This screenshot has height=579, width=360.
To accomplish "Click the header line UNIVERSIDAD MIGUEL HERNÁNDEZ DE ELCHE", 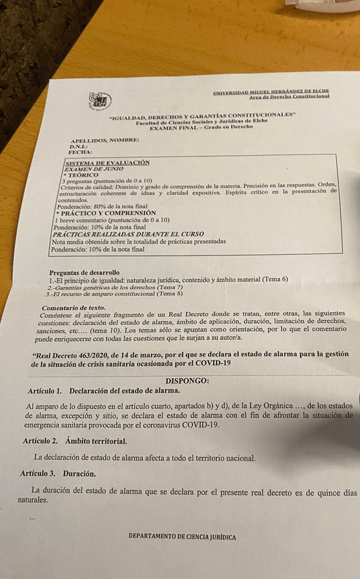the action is click(x=271, y=91).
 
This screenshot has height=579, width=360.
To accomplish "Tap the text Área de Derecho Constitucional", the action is click(x=289, y=97).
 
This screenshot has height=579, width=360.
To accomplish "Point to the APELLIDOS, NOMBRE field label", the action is click(x=105, y=140).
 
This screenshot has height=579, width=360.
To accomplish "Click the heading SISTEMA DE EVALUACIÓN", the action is click(x=107, y=163).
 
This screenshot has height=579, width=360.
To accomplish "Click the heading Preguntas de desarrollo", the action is click(x=84, y=272).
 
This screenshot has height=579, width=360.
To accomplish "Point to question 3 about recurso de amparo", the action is click(x=113, y=294).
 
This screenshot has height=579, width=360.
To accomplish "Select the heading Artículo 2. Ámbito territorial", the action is click(x=74, y=441).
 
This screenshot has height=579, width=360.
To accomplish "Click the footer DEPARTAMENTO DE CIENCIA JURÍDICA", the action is click(x=182, y=537).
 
